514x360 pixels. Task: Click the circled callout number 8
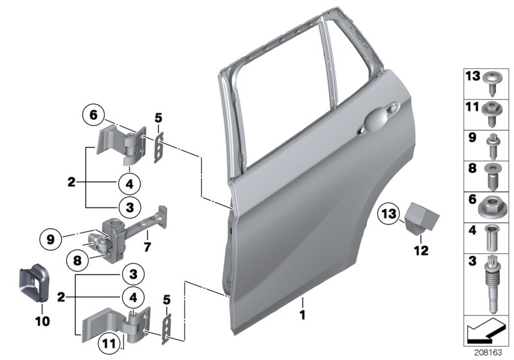click(78, 261)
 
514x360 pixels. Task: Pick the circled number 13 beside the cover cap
click(388, 212)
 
